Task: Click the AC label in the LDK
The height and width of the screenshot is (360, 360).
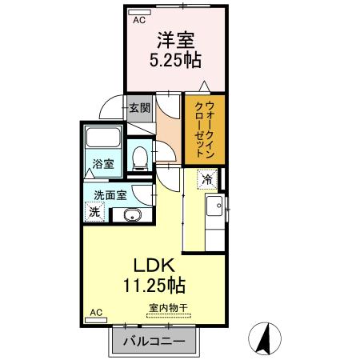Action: pyautogui.click(x=96, y=311)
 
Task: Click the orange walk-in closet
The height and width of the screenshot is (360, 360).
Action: pyautogui.click(x=203, y=127)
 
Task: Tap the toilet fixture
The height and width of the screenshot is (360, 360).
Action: pyautogui.click(x=141, y=156)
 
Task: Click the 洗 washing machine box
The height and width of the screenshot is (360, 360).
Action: pyautogui.click(x=94, y=213)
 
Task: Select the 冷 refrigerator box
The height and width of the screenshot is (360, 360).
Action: pyautogui.click(x=207, y=179)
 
